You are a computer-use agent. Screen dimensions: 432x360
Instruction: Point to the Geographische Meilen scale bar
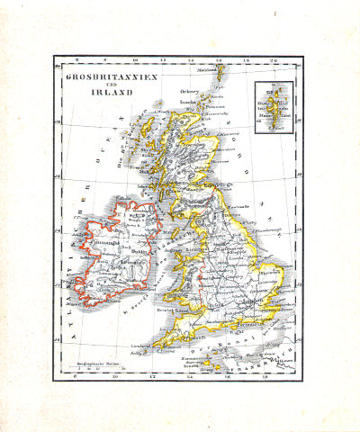tap(86, 367)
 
